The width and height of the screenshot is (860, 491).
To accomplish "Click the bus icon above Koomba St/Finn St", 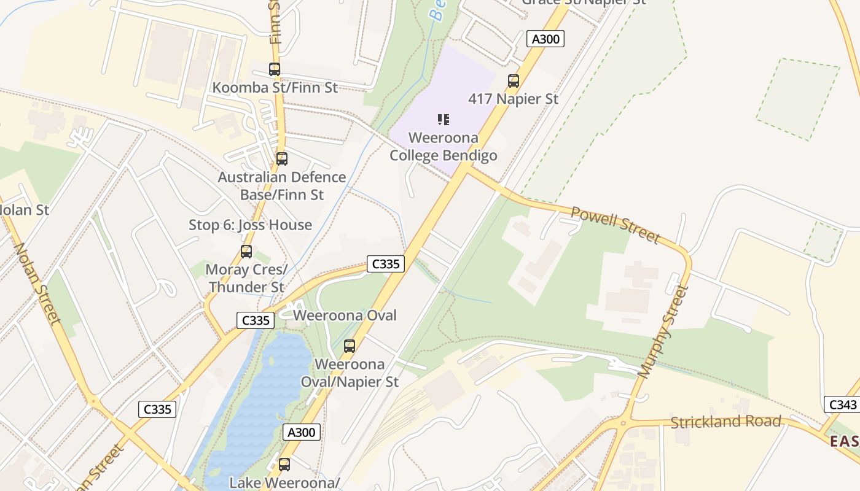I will coord(275,69).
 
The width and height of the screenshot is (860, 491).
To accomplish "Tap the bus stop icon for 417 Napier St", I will coord(513,80).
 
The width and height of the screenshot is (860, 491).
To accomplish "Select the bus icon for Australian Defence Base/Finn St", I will coord(281,159).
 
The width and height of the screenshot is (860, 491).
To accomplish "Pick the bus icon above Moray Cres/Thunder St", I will coord(246,251).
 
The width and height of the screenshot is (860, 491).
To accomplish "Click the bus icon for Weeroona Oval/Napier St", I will coord(350,346).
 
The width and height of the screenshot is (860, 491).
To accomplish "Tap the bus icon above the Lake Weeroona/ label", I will coord(284,465).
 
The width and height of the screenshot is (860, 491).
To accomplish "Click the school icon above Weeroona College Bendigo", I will coord(444,119).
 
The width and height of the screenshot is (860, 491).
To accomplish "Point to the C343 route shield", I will coord(842,404).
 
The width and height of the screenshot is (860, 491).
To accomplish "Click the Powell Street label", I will coord(616,224).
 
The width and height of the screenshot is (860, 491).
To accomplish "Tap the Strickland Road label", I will coord(725,422).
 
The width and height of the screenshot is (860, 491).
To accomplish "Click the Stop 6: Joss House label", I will coord(250,225).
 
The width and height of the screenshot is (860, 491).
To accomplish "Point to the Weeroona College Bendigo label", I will coord(444,147).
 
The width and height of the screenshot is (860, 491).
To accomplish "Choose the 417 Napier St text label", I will coord(513,99).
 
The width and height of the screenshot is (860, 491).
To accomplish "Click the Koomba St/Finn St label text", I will coord(275,88).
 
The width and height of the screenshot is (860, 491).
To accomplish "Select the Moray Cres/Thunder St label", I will coord(246,278).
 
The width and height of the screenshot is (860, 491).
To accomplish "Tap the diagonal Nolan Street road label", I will coord(36,283).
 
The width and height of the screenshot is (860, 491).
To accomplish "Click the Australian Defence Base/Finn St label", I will coord(281,186).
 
